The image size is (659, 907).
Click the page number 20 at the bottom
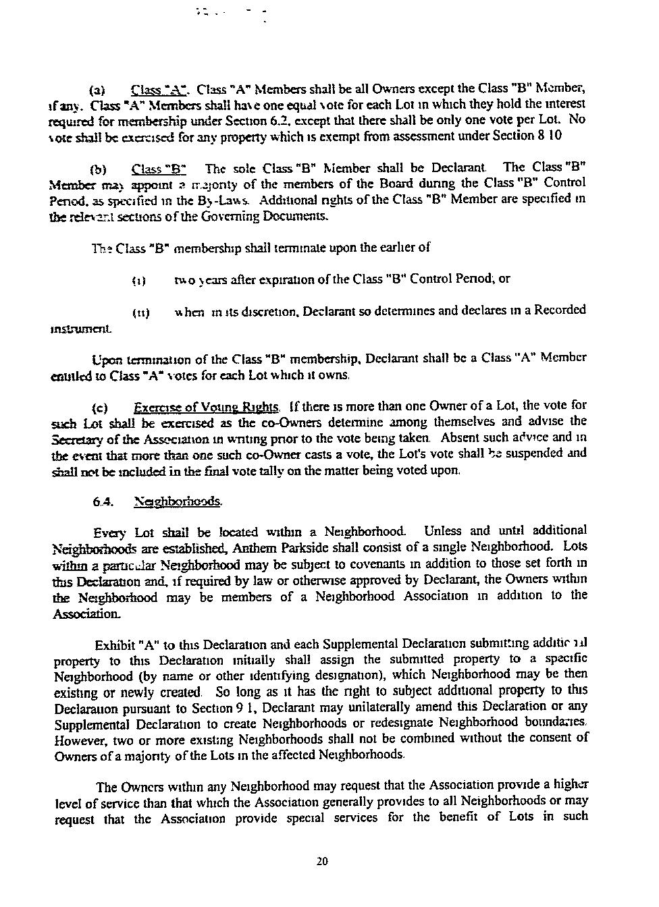[x=322, y=861]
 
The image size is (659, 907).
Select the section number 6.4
[x=103, y=501]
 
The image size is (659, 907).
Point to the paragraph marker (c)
[x=99, y=408]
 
